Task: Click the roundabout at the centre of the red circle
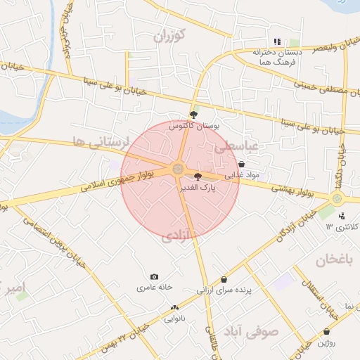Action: tap(178, 169)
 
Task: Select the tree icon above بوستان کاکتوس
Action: tap(194, 113)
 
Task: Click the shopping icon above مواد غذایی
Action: tap(242, 164)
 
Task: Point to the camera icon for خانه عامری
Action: tap(155, 277)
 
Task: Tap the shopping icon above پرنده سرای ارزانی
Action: tap(224, 279)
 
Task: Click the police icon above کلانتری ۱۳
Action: tap(342, 216)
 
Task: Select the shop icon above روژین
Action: tap(326, 331)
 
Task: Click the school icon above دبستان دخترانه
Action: tap(278, 41)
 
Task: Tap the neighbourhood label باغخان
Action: tap(333, 261)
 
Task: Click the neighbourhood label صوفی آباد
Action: tap(251, 330)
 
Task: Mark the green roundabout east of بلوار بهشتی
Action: tap(337, 199)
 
